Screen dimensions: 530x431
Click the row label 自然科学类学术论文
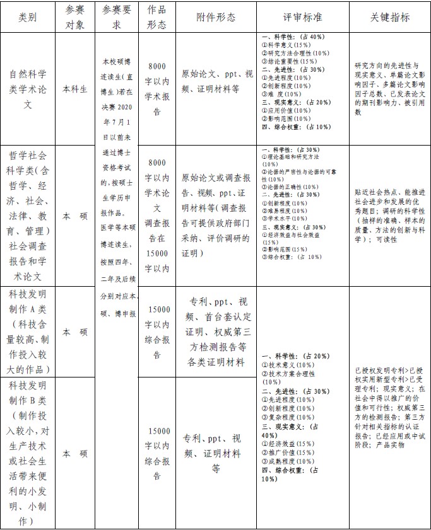click(28, 89)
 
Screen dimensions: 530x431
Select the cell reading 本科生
click(75, 89)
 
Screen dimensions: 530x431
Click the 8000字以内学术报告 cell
click(157, 89)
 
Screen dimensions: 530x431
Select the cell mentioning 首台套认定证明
click(218, 331)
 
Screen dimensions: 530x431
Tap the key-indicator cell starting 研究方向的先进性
click(389, 88)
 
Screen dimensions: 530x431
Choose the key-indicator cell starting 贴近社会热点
click(389, 216)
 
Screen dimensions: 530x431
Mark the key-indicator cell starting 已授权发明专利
click(389, 408)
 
